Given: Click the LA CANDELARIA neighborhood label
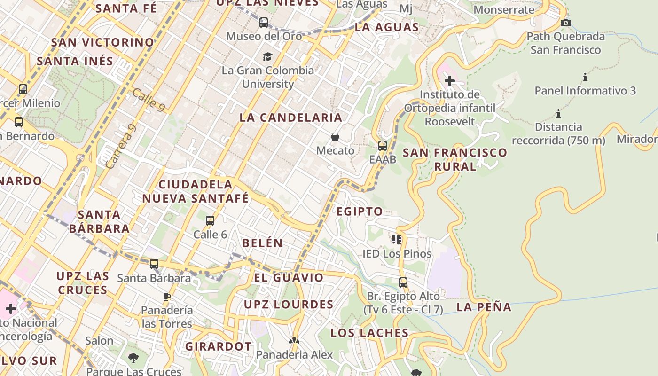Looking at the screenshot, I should coord(290,117).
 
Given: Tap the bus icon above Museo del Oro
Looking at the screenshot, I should coord(264,22).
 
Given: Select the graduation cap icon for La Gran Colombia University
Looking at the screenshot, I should coord(267,57).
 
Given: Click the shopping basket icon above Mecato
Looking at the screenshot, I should coord(335,137).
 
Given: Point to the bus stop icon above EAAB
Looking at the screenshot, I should coord(383,145).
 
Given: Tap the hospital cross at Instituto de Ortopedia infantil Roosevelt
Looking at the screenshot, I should coord(450,81).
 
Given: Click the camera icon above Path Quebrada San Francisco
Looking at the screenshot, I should coord(566,23).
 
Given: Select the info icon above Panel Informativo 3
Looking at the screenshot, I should coord(585,77).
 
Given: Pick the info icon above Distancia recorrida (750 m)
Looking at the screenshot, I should coord(558,113).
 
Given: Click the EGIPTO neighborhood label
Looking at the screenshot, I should coord(360,211).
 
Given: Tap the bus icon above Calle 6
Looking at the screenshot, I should coord(210,220).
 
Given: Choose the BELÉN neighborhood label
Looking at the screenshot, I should coord(262,243).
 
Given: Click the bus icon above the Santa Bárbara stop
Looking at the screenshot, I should coord(154,264).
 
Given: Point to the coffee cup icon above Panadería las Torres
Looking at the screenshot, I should coord(166,297).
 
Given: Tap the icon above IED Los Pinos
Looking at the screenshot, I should coord(397,240).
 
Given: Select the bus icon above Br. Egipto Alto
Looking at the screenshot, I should coord(403,282).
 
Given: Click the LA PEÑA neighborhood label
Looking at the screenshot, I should coord(484,307).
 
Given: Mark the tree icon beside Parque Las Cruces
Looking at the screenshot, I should coord(133,358).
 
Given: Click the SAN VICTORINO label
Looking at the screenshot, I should coord(102,42).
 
